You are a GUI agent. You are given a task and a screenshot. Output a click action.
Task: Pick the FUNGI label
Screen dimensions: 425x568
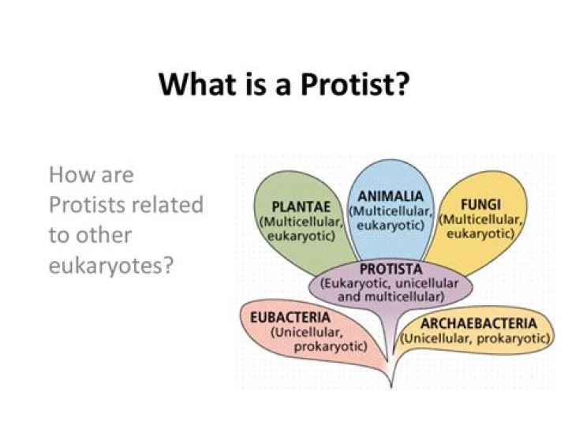482,203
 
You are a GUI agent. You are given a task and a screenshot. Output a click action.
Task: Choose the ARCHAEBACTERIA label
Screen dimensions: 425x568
478,323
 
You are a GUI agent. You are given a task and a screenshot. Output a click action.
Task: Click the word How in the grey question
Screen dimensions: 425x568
69,174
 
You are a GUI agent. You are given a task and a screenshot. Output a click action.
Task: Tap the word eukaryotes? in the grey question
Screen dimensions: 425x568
110,265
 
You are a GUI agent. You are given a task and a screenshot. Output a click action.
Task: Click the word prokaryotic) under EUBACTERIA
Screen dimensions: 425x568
331,346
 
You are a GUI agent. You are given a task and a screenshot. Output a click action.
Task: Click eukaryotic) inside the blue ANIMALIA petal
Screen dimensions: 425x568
390,225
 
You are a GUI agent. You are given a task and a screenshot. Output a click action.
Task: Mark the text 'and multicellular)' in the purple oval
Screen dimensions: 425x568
390,296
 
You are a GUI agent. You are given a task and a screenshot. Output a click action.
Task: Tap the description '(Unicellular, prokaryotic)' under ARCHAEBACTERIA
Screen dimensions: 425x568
476,337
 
